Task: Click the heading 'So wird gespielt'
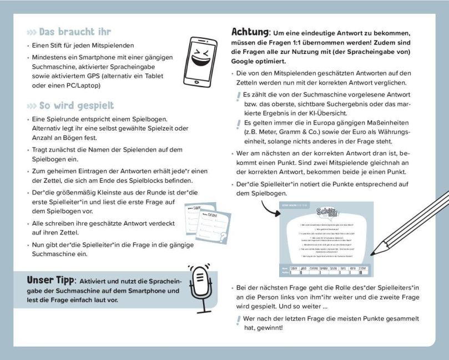point(77,106)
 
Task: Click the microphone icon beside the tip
point(201,287)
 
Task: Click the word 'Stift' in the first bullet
point(54,45)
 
